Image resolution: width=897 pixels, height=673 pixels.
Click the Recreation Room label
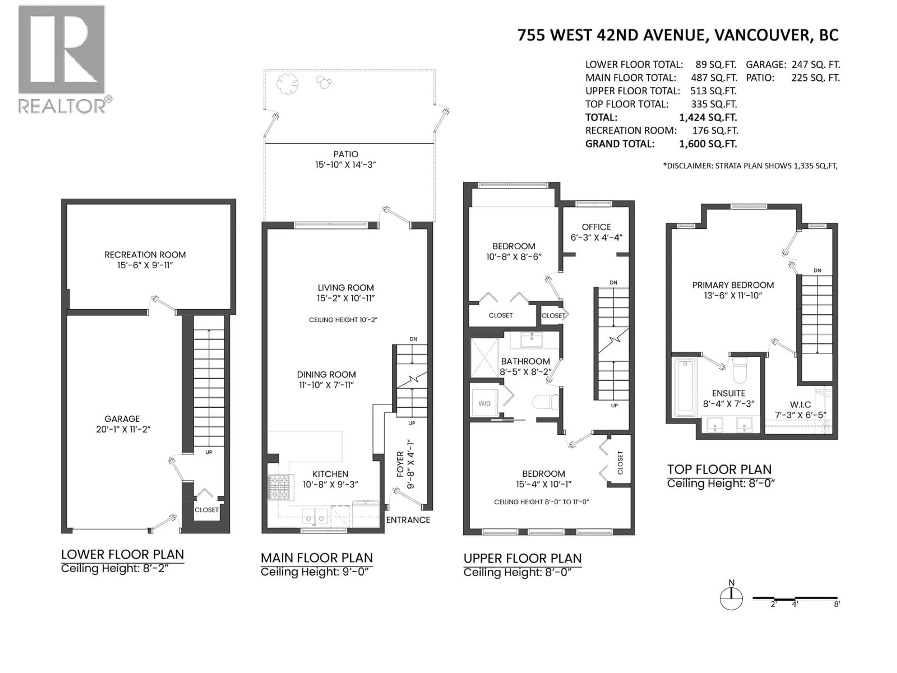click(x=145, y=255)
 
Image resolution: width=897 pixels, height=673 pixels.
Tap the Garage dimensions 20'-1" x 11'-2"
click(x=123, y=429)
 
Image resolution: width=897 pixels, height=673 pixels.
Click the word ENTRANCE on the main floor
click(x=408, y=520)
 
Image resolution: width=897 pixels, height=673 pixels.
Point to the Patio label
click(x=345, y=154)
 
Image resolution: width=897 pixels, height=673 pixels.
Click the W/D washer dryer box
click(x=484, y=403)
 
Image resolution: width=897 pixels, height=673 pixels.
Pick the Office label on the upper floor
click(x=596, y=227)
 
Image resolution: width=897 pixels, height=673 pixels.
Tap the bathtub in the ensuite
click(x=685, y=386)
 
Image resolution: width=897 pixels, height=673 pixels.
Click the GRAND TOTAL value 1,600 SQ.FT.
click(x=708, y=144)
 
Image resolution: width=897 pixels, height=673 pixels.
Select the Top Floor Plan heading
click(x=719, y=469)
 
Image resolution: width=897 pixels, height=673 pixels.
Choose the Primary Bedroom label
click(x=733, y=285)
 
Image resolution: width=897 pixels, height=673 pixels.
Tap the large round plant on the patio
click(x=287, y=84)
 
